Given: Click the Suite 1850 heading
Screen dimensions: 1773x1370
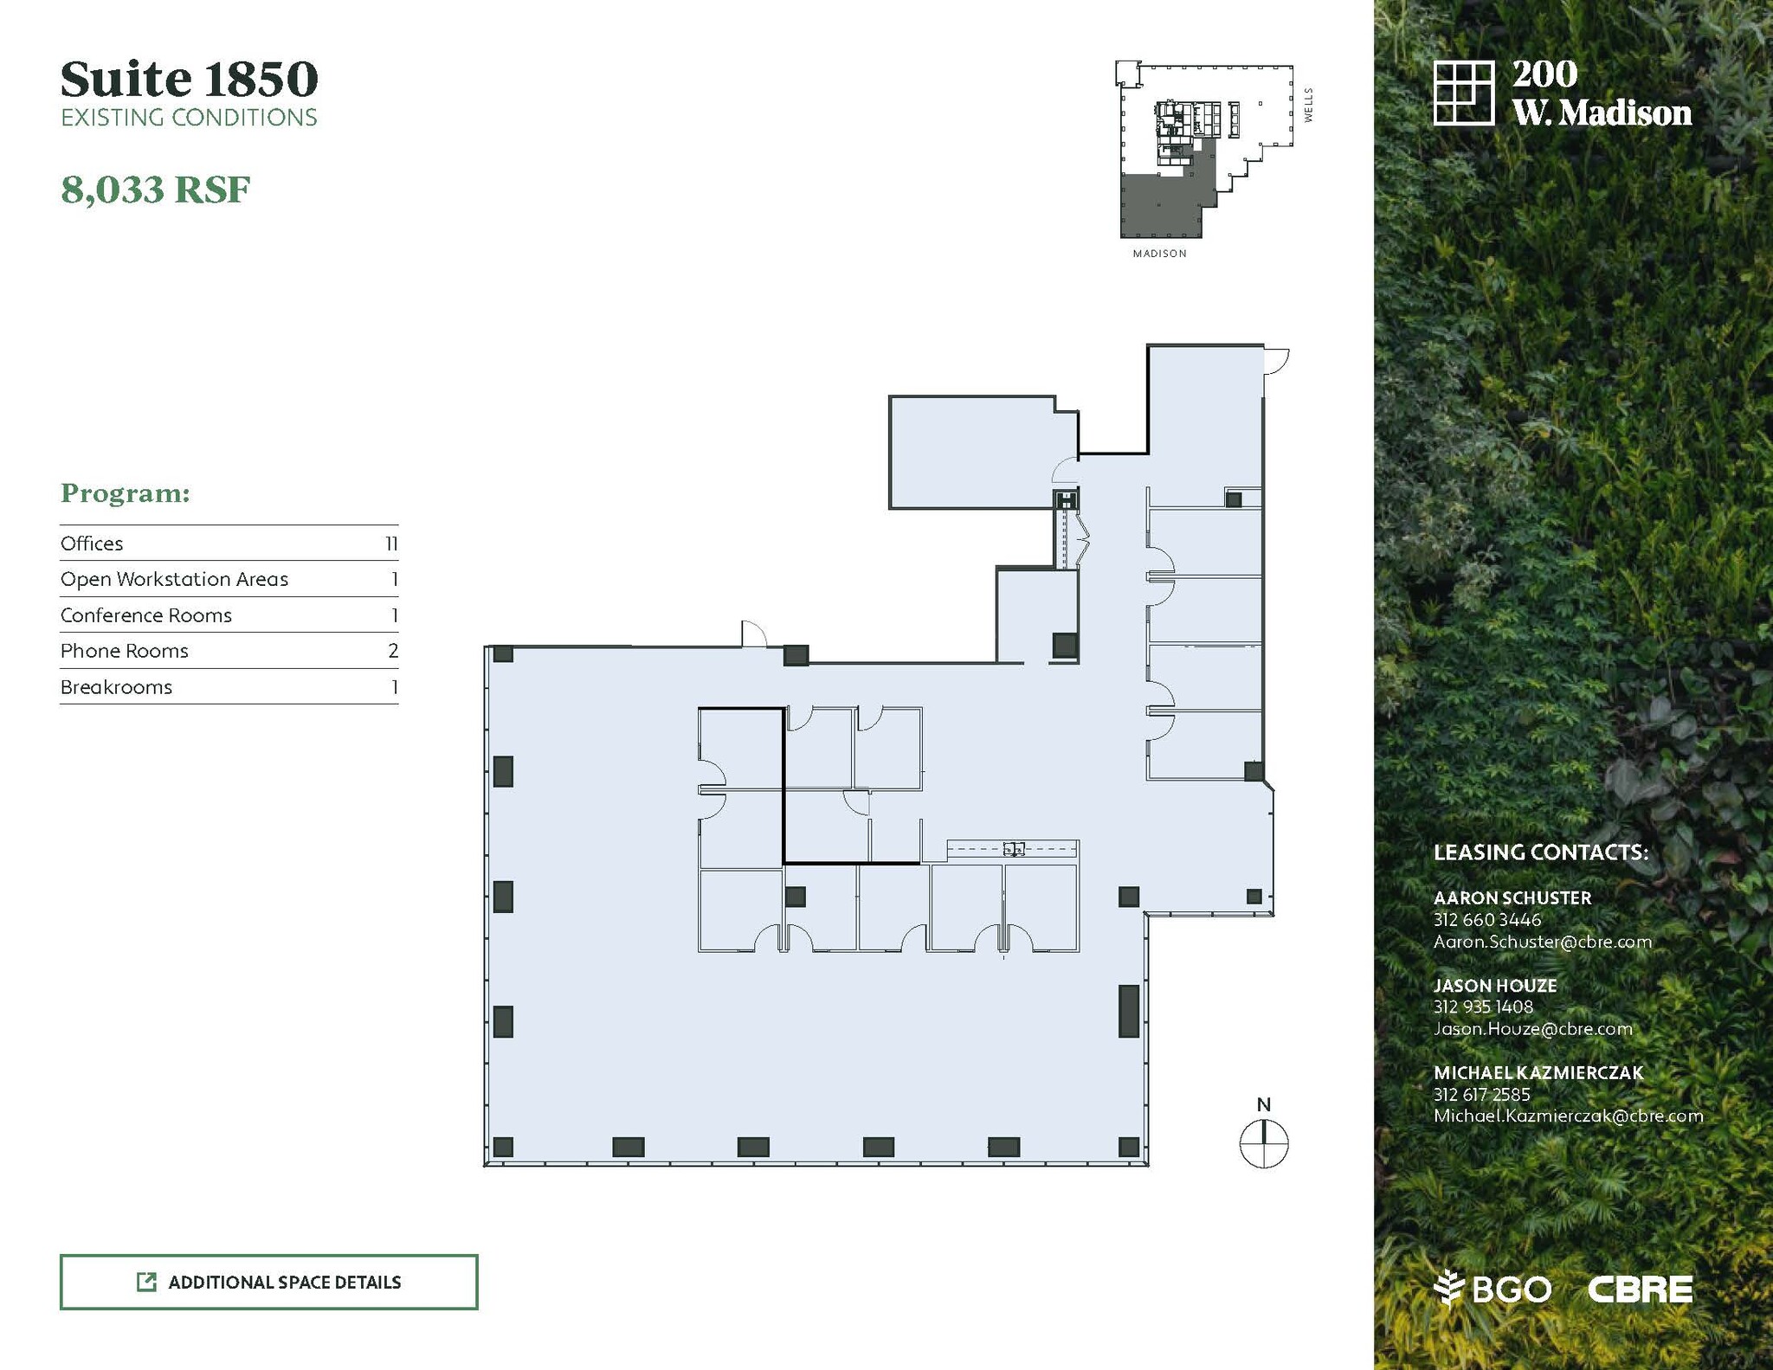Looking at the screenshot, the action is (x=190, y=79).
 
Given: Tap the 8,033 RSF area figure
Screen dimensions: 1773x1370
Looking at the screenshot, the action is (x=156, y=190).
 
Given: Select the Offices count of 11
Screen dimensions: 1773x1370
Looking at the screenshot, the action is (x=391, y=543).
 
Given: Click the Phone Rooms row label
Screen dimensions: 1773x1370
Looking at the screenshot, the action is (x=125, y=651).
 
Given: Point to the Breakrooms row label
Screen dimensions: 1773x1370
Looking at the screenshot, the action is (x=116, y=687).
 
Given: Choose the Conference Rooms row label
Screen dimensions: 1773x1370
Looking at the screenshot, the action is (x=146, y=615).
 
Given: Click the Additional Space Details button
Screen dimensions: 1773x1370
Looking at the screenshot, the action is (x=268, y=1282).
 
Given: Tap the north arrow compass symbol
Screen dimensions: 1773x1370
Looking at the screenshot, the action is (x=1264, y=1142).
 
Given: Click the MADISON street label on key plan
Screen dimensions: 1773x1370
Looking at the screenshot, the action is (x=1160, y=254).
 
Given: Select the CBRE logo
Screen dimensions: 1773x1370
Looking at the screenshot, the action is (x=1640, y=1290).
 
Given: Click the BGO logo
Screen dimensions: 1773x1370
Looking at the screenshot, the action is (x=1493, y=1290).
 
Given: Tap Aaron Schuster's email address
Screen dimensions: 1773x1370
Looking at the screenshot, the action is (x=1543, y=942).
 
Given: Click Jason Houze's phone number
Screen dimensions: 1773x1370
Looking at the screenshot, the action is (x=1483, y=1007).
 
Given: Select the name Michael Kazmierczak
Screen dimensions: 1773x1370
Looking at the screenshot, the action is (x=1538, y=1072).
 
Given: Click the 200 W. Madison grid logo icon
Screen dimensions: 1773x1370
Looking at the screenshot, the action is (x=1464, y=93).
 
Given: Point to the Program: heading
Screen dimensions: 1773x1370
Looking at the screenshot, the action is (x=126, y=493).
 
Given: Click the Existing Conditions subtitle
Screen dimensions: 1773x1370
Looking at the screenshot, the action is (x=189, y=118).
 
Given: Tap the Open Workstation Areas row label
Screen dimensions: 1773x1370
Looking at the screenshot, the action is (x=174, y=579).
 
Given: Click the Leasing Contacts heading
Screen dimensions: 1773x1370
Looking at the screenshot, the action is (x=1541, y=852).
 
